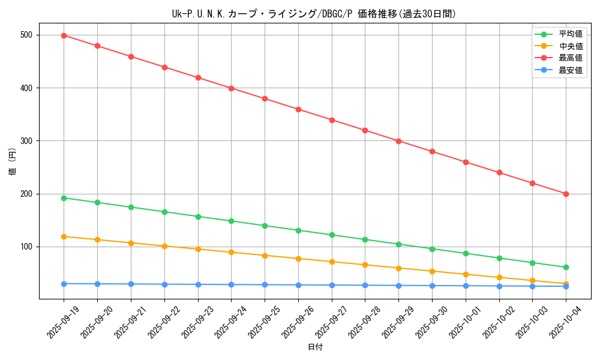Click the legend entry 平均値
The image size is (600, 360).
570,34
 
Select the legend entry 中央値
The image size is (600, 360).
570,46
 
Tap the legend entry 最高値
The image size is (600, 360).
570,58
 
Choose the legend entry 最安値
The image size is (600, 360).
570,70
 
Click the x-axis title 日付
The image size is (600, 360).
315,347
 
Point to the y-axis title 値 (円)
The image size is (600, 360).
13,161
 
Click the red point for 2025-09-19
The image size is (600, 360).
64,35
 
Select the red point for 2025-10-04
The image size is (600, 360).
566,194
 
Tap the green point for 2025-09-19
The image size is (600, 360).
64,198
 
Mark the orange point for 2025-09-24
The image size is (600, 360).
231,252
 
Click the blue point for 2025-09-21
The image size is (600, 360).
131,284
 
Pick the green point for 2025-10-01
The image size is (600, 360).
466,253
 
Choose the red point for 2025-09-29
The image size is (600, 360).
398,141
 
